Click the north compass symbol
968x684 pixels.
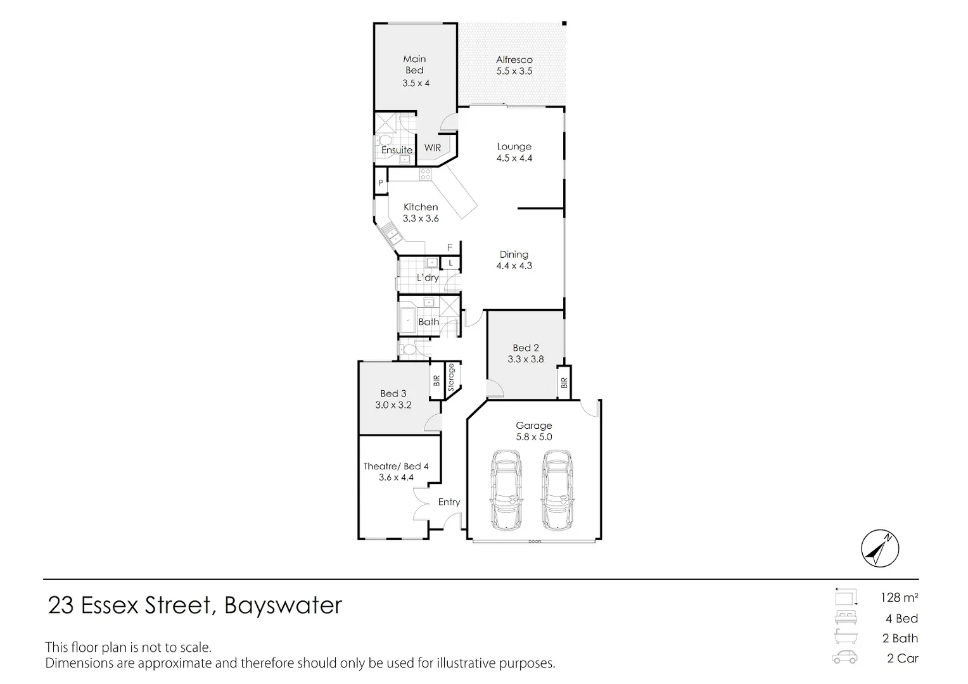click(x=880, y=548)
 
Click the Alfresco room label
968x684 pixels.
click(x=514, y=60)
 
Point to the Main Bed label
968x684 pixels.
click(x=414, y=65)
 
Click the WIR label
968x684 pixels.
click(x=433, y=148)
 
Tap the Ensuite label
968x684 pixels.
click(x=397, y=150)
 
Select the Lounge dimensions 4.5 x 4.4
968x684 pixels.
click(x=514, y=158)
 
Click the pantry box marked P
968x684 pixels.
click(x=381, y=183)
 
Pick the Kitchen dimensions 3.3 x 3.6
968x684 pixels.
click(x=421, y=218)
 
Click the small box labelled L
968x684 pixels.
click(x=450, y=262)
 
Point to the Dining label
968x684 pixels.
click(x=514, y=255)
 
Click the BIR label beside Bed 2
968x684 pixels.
click(x=564, y=383)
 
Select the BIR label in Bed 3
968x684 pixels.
click(x=436, y=380)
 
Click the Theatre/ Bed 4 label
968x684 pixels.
click(x=396, y=466)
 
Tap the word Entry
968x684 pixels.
click(x=449, y=502)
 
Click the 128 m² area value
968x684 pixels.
click(x=899, y=597)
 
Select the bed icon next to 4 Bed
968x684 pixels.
click(x=845, y=617)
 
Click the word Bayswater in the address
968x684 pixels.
click(x=283, y=605)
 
